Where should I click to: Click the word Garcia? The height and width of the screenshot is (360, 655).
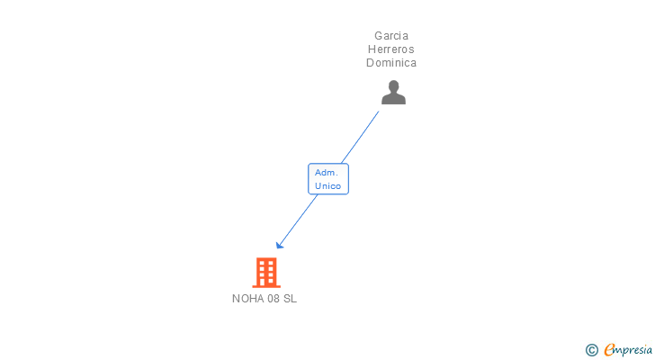pyautogui.click(x=391, y=36)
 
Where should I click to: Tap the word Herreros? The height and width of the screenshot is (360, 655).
pyautogui.click(x=391, y=49)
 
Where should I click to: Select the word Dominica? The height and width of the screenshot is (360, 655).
pyautogui.click(x=391, y=63)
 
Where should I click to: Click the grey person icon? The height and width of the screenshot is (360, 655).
pyautogui.click(x=393, y=93)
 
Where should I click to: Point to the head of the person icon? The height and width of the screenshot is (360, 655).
pyautogui.click(x=393, y=86)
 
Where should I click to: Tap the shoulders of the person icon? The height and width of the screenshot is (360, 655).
pyautogui.click(x=393, y=99)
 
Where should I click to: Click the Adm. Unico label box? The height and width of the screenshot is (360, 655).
pyautogui.click(x=328, y=179)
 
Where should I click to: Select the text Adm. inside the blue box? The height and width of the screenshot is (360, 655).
pyautogui.click(x=327, y=173)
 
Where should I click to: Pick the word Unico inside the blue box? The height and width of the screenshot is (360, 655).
pyautogui.click(x=327, y=185)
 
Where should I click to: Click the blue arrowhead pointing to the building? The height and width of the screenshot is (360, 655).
pyautogui.click(x=280, y=245)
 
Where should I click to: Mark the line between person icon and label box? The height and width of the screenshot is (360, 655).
pyautogui.click(x=360, y=137)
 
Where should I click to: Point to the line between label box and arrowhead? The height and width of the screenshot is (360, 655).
pyautogui.click(x=299, y=220)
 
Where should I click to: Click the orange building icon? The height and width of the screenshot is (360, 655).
pyautogui.click(x=266, y=273)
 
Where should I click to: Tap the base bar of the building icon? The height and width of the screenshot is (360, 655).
pyautogui.click(x=266, y=286)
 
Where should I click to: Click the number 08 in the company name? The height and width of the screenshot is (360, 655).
pyautogui.click(x=274, y=299)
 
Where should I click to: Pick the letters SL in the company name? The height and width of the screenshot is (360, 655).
pyautogui.click(x=290, y=299)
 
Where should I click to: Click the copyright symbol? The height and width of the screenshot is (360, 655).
pyautogui.click(x=591, y=350)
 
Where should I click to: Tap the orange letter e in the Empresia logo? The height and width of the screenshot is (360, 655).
pyautogui.click(x=609, y=349)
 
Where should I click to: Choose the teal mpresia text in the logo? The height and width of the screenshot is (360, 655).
pyautogui.click(x=633, y=351)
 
